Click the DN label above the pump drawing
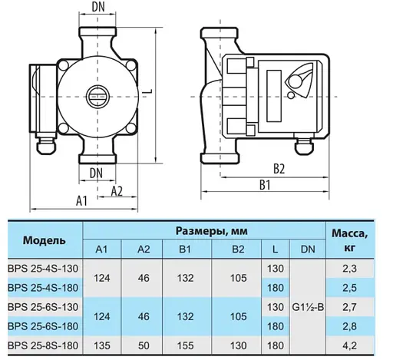98,7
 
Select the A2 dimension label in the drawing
118,189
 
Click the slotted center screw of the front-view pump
97,98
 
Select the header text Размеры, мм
207,231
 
